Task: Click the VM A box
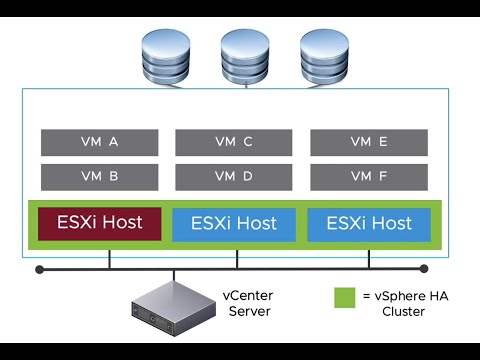[99, 142]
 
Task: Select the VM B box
[99, 177]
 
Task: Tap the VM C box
[234, 142]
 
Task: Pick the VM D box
[234, 177]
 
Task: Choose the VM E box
[369, 142]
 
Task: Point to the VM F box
[369, 177]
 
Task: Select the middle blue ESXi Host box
[234, 224]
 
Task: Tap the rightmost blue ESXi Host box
[369, 224]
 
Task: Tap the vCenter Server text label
[249, 304]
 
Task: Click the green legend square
[342, 297]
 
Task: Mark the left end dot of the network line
[39, 269]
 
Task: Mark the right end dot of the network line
[424, 269]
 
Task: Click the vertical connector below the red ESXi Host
[109, 259]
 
